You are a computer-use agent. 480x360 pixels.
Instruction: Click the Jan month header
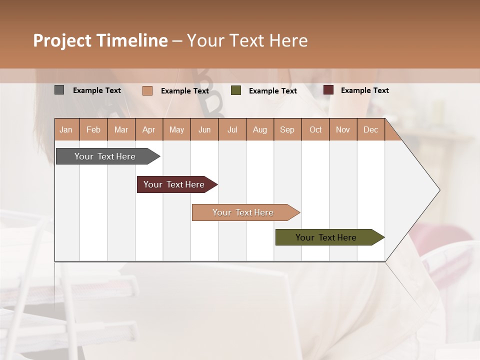(66, 130)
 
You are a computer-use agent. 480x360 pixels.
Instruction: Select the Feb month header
(93, 130)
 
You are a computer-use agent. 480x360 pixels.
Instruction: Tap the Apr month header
(148, 130)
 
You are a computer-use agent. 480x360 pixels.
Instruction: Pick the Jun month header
(204, 130)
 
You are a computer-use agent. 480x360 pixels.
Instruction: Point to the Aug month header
(259, 130)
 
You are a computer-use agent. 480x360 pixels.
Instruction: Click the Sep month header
(287, 130)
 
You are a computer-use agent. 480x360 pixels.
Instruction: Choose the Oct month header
(315, 130)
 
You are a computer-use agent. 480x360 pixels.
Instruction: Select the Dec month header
(370, 130)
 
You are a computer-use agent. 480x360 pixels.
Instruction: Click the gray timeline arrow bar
(105, 156)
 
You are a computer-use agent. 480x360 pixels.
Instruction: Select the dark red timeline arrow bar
(174, 184)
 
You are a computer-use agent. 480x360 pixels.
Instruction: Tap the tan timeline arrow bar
(243, 212)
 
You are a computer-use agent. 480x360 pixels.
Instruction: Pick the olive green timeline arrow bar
(326, 237)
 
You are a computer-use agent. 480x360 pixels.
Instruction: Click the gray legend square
(59, 90)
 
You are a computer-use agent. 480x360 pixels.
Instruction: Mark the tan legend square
(147, 90)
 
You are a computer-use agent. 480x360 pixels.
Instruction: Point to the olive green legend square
(236, 90)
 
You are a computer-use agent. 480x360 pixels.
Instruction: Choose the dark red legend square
(328, 90)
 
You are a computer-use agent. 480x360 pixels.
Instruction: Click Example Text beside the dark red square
(364, 90)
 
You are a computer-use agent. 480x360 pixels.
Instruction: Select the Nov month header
(343, 130)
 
